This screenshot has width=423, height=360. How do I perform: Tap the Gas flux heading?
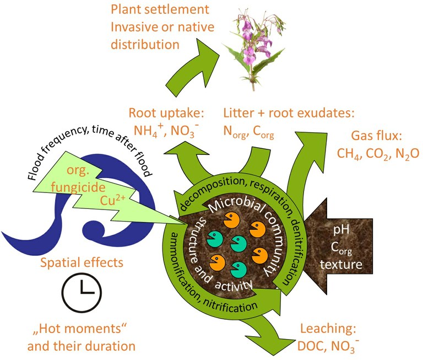[377, 136]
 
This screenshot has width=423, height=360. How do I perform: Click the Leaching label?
[329, 330]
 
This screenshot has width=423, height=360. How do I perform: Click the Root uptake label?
[167, 114]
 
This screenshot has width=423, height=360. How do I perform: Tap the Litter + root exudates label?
[289, 114]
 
